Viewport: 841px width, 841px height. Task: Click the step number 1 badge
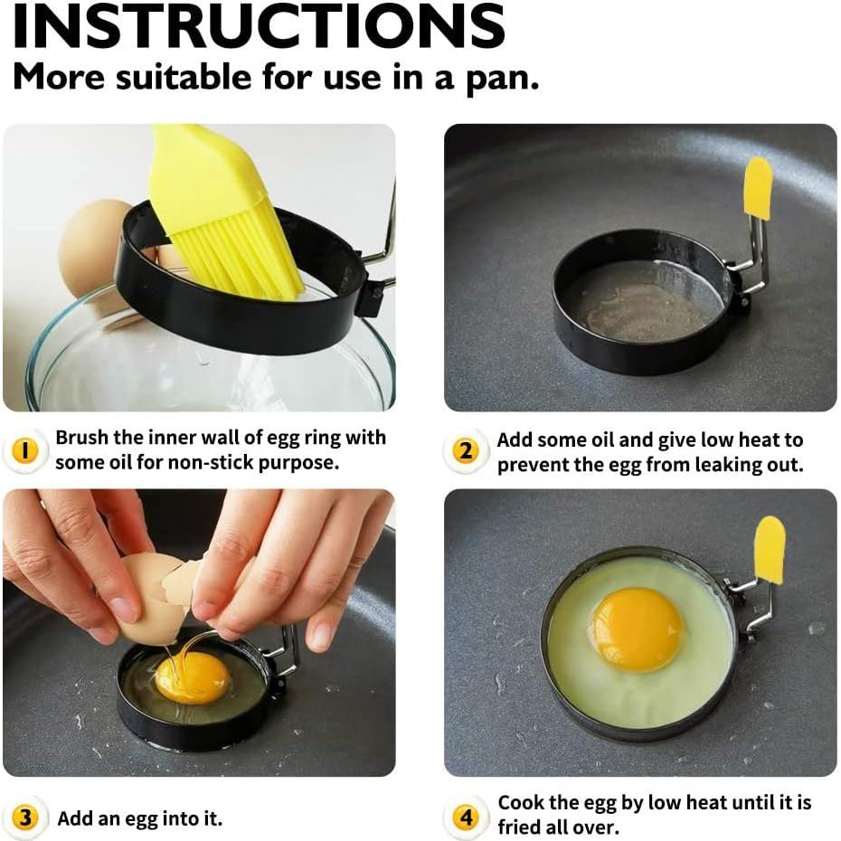[x=24, y=449]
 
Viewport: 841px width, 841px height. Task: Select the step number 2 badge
[x=465, y=449]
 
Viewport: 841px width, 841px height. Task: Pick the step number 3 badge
[x=24, y=818]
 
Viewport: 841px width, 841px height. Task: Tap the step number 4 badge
[x=465, y=818]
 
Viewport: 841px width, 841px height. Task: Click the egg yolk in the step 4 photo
[x=636, y=628]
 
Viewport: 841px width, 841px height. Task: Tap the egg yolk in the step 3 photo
[x=193, y=677]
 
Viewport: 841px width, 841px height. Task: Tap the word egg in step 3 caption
[x=142, y=818]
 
